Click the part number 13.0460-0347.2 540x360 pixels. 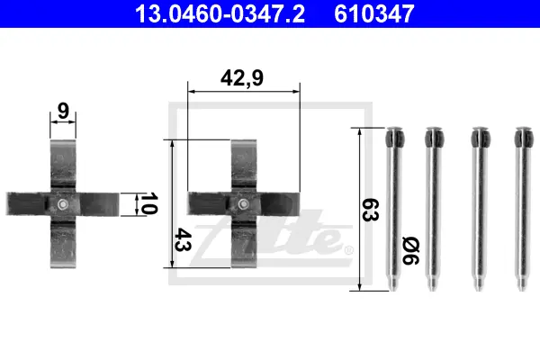[220, 13]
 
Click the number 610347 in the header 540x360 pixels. [374, 13]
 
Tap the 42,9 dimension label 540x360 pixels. [242, 78]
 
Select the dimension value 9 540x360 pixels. [63, 111]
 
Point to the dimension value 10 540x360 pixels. [149, 203]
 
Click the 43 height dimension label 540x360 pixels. [184, 239]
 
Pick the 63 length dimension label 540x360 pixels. [371, 210]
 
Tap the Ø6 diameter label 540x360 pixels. [410, 250]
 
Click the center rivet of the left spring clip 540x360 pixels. [63, 204]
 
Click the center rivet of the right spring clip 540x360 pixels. [244, 204]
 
